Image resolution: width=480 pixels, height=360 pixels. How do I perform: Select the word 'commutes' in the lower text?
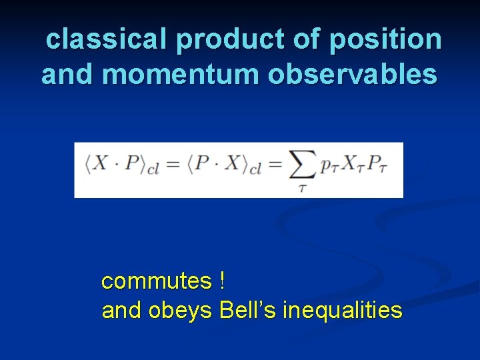pos(156,281)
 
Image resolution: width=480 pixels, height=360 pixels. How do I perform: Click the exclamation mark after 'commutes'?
pos(221,281)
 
